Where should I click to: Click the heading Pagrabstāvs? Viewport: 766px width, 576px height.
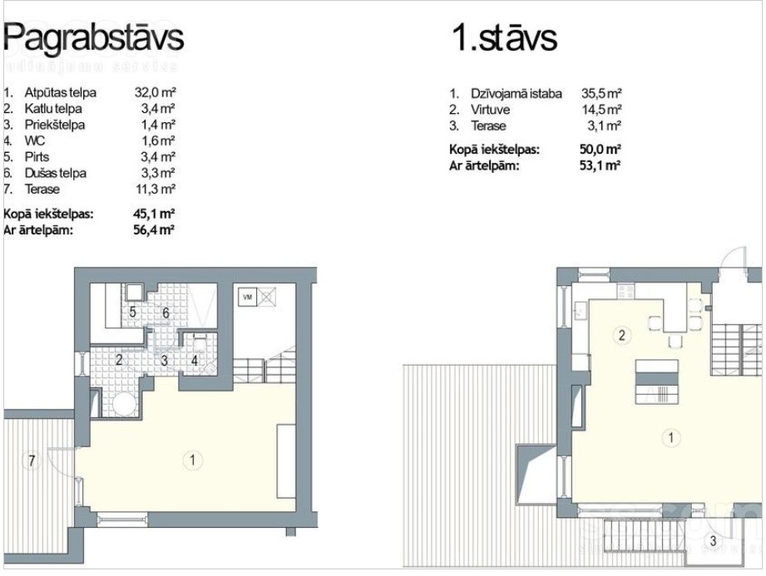click(x=94, y=37)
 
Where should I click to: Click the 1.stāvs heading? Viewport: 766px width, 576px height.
click(x=505, y=37)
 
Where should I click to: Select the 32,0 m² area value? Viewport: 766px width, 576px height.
click(x=155, y=92)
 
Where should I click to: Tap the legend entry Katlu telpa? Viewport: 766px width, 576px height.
click(x=53, y=108)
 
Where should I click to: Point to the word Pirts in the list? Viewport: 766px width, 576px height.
click(x=37, y=157)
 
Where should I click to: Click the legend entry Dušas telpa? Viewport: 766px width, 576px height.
click(x=55, y=173)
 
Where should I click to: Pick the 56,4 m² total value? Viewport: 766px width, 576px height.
click(x=154, y=229)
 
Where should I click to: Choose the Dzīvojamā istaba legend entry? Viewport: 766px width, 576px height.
click(x=516, y=93)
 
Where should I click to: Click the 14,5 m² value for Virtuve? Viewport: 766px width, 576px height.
click(x=601, y=110)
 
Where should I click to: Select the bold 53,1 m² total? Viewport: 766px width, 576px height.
click(x=600, y=165)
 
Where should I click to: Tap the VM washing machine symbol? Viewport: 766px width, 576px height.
click(x=248, y=297)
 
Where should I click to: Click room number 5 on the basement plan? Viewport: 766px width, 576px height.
click(x=132, y=312)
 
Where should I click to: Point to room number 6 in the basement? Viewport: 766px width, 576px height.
click(x=166, y=313)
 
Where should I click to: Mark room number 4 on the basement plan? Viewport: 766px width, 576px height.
click(x=195, y=361)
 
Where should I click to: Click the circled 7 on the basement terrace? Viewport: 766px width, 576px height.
click(x=32, y=460)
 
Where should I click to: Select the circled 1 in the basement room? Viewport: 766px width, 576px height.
click(x=192, y=460)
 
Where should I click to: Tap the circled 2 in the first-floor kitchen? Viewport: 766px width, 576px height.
click(x=622, y=335)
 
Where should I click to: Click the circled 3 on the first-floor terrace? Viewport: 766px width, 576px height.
click(x=713, y=540)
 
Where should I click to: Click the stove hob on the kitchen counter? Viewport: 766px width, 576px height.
click(x=625, y=292)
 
